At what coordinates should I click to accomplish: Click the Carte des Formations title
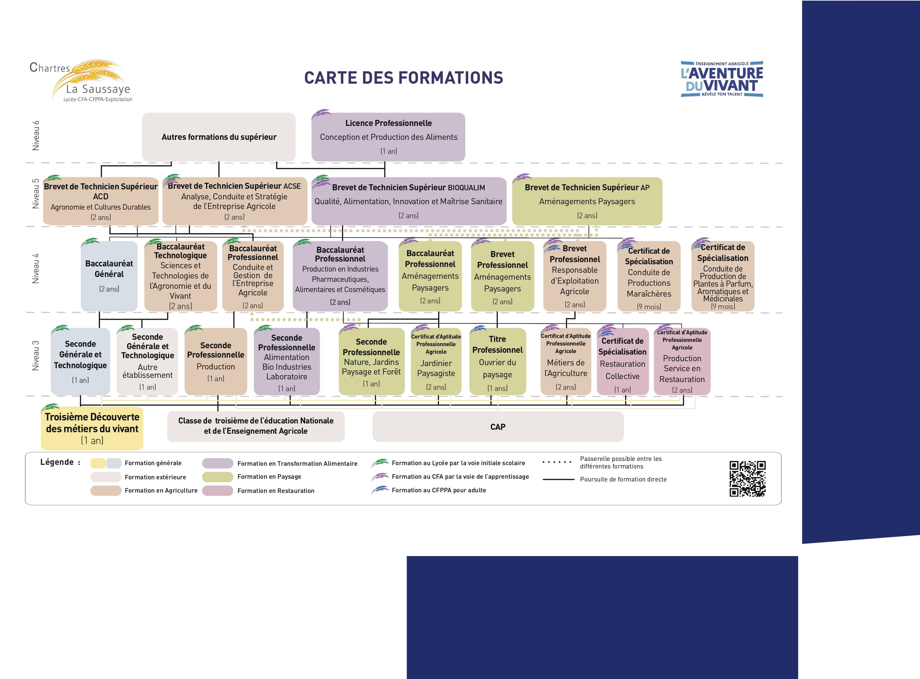point(403,78)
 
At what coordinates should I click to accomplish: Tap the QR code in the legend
point(747,478)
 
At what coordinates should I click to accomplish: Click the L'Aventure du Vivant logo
point(722,79)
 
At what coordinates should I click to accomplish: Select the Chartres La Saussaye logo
point(81,81)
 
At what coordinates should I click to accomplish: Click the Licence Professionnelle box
point(388,137)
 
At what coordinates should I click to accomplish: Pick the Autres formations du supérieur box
point(219,137)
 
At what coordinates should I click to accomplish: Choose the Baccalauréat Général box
point(109,276)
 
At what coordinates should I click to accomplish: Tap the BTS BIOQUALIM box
point(408,201)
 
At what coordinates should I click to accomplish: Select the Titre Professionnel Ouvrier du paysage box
point(497,362)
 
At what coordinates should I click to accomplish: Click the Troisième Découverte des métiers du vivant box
point(92,428)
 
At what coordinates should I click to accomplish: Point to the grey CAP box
point(498,426)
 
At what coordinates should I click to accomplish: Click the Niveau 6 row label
point(36,136)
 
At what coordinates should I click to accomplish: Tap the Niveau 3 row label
point(36,356)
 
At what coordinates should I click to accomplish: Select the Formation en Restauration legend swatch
point(218,491)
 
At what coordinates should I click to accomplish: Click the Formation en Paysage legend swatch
point(218,477)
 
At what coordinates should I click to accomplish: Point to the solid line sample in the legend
point(558,479)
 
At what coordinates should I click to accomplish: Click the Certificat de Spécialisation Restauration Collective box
point(622,362)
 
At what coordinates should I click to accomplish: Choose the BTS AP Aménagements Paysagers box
point(587,201)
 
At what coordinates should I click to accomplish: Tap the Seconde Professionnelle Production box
point(216,362)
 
